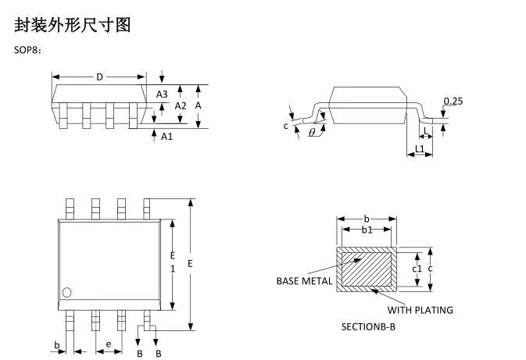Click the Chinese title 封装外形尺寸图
pyautogui.click(x=73, y=25)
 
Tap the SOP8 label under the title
pyautogui.click(x=28, y=51)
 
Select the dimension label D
pyautogui.click(x=99, y=77)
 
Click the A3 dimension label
pyautogui.click(x=162, y=94)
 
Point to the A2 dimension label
pyautogui.click(x=180, y=105)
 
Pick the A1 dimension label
pyautogui.click(x=166, y=136)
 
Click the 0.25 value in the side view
pyautogui.click(x=453, y=101)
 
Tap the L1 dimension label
pyautogui.click(x=420, y=148)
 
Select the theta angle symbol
pyautogui.click(x=313, y=133)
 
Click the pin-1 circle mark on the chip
pyautogui.click(x=67, y=293)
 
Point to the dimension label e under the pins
pyautogui.click(x=109, y=344)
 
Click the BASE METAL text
pyautogui.click(x=305, y=281)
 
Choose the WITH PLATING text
pyautogui.click(x=420, y=310)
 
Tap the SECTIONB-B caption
pyautogui.click(x=368, y=326)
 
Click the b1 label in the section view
pyautogui.click(x=367, y=230)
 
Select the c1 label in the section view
pyautogui.click(x=417, y=269)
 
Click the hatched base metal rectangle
pyautogui.click(x=367, y=269)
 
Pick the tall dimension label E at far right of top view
pyautogui.click(x=190, y=264)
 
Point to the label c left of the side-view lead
pyautogui.click(x=286, y=125)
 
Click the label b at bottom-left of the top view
pyautogui.click(x=57, y=344)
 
